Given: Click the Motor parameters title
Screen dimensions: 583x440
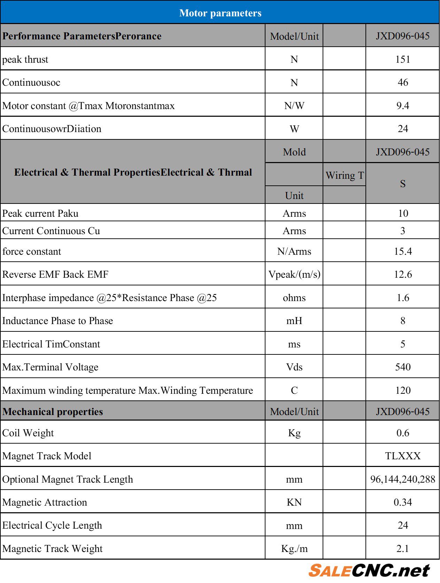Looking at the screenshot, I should click(x=220, y=13).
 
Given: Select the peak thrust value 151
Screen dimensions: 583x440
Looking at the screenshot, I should click(x=402, y=59).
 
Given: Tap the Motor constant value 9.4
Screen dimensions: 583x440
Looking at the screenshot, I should click(x=402, y=106).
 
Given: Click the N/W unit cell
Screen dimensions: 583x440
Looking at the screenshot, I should click(x=294, y=106).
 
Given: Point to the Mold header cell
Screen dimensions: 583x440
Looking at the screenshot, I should click(x=294, y=152).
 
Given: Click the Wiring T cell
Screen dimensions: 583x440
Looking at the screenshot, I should click(x=345, y=175).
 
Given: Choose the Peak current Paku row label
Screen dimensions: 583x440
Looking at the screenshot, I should click(x=40, y=213).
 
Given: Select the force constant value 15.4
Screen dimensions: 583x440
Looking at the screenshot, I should click(x=402, y=251).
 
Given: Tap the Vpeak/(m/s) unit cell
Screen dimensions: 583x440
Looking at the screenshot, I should click(x=294, y=274).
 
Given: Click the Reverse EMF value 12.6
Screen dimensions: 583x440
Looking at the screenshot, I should click(x=402, y=274).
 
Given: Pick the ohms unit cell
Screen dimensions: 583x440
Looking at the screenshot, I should click(x=294, y=298).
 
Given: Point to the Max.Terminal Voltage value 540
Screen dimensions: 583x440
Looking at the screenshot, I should click(x=402, y=367).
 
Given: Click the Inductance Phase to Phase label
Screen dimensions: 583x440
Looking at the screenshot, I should click(x=58, y=321).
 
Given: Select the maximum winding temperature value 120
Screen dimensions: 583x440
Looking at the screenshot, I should click(x=402, y=390).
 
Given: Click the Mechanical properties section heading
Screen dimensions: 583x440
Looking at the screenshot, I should click(x=53, y=412).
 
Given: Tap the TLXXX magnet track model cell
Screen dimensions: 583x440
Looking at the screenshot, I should click(x=402, y=456).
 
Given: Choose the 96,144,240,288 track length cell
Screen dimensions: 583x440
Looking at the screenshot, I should click(x=402, y=479).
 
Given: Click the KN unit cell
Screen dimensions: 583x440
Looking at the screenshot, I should click(x=294, y=502).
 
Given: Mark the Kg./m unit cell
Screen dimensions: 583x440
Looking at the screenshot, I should click(x=294, y=549).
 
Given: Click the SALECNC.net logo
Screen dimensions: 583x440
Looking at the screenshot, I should click(x=369, y=570).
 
